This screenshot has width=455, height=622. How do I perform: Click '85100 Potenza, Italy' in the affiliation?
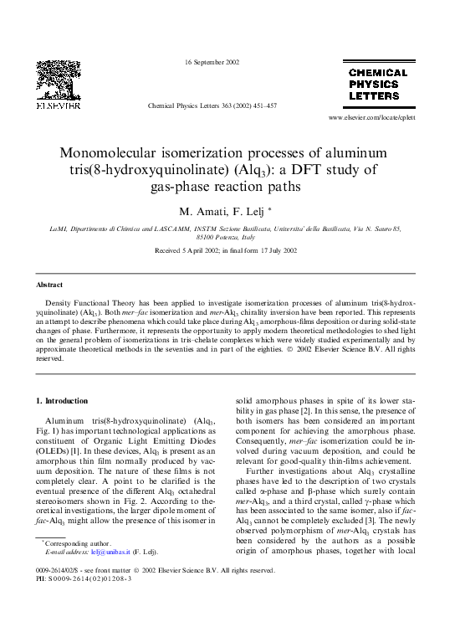227,237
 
